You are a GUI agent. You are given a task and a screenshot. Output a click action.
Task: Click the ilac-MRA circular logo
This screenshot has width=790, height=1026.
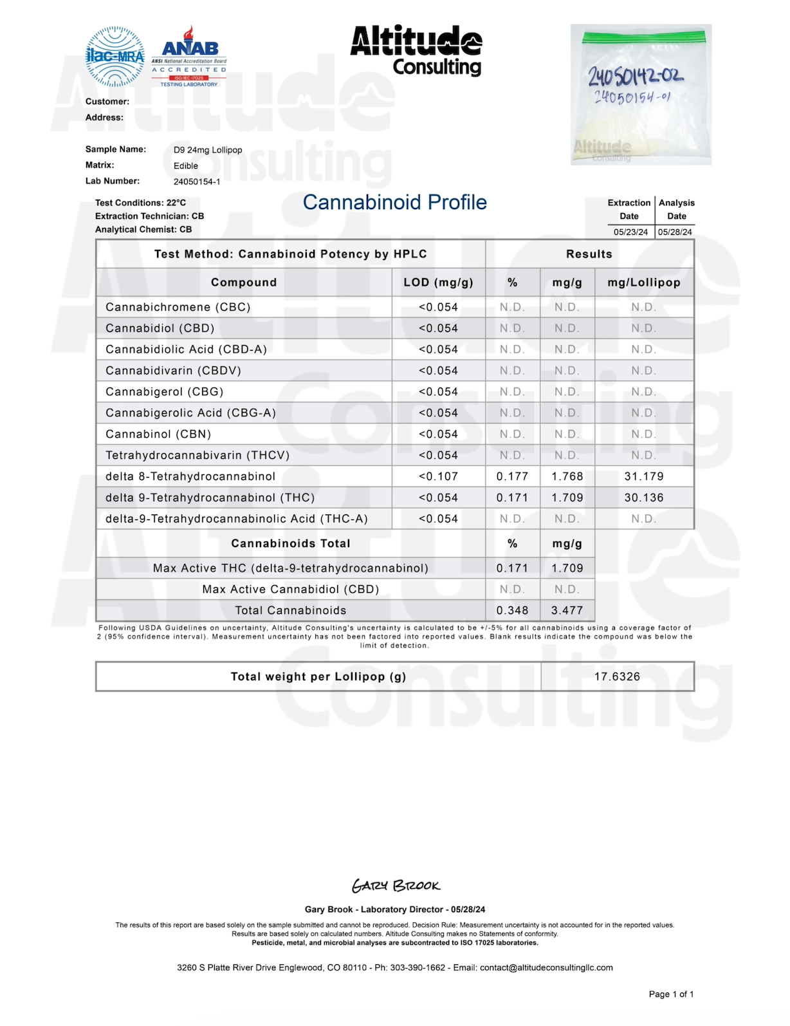(x=115, y=57)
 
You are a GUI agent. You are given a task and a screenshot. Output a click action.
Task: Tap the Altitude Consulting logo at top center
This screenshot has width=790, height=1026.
(x=416, y=51)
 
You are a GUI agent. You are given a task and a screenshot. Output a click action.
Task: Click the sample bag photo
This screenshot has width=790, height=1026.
(x=641, y=95)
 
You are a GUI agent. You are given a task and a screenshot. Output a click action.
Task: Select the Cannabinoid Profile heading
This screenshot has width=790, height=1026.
(x=394, y=202)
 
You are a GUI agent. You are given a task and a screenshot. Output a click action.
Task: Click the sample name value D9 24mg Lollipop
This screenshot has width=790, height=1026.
(x=208, y=150)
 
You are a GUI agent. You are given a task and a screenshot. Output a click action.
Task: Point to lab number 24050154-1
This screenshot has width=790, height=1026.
(x=197, y=182)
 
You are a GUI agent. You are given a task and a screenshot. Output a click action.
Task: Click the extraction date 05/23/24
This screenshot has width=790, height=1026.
(x=630, y=232)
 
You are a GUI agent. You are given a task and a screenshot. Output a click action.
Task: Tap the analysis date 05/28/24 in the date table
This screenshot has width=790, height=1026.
(x=675, y=232)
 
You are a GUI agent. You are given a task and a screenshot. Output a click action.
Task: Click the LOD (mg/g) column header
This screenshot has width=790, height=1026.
(x=438, y=283)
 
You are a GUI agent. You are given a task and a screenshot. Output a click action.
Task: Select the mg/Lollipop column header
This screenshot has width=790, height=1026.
(x=644, y=283)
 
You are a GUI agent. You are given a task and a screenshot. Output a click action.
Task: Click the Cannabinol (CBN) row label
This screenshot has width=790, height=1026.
(x=158, y=434)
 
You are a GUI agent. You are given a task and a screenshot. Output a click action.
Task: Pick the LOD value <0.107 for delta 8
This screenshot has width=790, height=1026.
(x=438, y=477)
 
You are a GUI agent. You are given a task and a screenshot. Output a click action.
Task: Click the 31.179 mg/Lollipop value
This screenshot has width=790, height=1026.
(x=644, y=477)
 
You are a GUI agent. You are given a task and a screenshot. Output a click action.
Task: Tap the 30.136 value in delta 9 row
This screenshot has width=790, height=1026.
(x=644, y=498)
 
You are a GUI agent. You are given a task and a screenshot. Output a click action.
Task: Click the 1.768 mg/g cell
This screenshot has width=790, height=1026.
(x=567, y=477)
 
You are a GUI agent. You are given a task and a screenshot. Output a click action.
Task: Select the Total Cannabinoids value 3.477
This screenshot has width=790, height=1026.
(x=567, y=611)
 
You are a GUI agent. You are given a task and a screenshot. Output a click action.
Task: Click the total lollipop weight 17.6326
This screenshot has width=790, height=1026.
(x=617, y=677)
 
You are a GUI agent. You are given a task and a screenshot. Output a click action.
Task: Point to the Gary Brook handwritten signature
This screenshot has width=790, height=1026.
(x=396, y=886)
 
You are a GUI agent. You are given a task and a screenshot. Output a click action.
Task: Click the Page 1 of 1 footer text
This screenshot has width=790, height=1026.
(x=671, y=994)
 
